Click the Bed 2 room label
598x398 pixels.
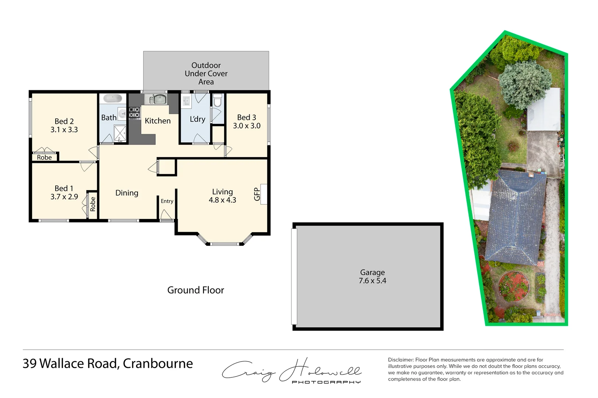(x=64, y=121)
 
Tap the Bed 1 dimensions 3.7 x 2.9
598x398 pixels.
(x=64, y=197)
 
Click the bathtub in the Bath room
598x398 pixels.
(x=113, y=99)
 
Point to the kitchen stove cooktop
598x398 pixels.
(x=134, y=112)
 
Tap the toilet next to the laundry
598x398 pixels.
(x=218, y=100)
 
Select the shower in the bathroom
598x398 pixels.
(x=119, y=133)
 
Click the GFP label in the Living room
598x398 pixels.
(x=257, y=194)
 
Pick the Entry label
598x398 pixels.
(x=167, y=201)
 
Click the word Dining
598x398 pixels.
(x=127, y=193)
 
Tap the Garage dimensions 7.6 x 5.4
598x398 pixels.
(x=372, y=281)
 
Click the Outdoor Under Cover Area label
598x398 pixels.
(x=206, y=73)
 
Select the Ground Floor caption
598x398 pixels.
(x=196, y=290)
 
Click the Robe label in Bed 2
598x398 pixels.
(x=44, y=157)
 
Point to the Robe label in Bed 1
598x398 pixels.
(x=93, y=204)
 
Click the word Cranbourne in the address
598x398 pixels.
(x=158, y=364)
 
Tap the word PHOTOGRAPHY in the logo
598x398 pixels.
(x=326, y=382)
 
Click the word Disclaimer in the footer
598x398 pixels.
(x=401, y=360)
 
